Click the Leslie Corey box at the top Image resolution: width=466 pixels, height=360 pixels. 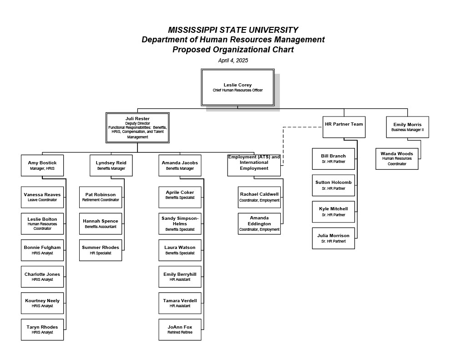tap(238, 87)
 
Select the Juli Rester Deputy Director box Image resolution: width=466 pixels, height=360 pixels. tap(137, 127)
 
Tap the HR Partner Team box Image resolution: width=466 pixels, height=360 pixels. tap(344, 127)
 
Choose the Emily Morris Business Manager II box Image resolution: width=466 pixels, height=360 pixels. tap(407, 127)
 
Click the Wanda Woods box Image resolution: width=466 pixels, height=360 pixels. tap(397, 159)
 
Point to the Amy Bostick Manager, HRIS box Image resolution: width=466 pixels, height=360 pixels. tap(42, 165)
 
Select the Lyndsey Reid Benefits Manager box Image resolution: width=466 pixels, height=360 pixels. tap(111, 165)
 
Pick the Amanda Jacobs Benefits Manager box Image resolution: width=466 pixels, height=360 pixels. tap(180, 165)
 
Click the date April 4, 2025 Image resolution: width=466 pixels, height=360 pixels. tap(233, 61)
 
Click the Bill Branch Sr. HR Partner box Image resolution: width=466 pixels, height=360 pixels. tap(333, 159)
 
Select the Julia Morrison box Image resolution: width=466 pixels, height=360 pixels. tap(333, 238)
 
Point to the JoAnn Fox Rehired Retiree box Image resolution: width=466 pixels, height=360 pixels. tap(180, 330)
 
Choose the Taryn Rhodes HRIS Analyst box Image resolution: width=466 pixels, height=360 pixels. tap(42, 330)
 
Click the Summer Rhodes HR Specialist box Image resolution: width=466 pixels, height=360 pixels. tap(101, 250)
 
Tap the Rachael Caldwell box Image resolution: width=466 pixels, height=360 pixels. tap(259, 197)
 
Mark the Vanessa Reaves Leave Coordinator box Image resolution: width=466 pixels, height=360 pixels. tap(42, 197)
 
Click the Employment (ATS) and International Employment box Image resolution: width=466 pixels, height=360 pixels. tap(254, 165)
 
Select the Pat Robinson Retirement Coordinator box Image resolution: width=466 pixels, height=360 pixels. tap(101, 197)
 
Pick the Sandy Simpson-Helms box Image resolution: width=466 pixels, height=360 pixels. tap(180, 223)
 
